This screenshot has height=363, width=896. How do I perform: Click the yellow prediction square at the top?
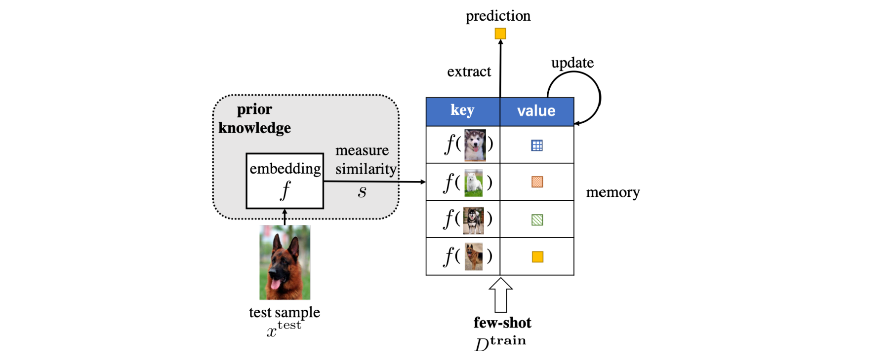point(500,34)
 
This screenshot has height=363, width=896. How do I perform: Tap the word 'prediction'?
point(498,16)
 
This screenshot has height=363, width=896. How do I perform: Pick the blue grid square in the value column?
point(537,145)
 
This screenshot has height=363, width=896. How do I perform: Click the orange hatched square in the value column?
point(537,182)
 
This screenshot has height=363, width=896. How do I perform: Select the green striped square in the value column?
point(537,219)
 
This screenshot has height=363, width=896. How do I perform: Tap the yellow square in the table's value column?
point(537,257)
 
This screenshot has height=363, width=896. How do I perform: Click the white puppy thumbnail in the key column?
point(474,183)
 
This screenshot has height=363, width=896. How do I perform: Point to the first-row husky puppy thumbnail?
point(475,145)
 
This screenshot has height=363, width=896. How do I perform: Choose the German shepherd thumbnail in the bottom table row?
point(474,256)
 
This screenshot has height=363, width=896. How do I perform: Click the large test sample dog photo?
point(285,262)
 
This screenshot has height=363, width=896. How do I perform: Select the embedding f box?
point(285,181)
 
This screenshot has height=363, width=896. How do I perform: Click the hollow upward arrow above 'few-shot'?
point(500,295)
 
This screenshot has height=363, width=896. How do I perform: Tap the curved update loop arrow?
point(599,97)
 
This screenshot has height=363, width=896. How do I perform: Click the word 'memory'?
point(613,192)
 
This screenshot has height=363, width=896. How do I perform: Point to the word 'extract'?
point(469,72)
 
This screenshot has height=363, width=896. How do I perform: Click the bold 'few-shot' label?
point(502,323)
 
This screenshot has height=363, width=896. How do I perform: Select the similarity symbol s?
point(363,192)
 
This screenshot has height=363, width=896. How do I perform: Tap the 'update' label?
point(572,63)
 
